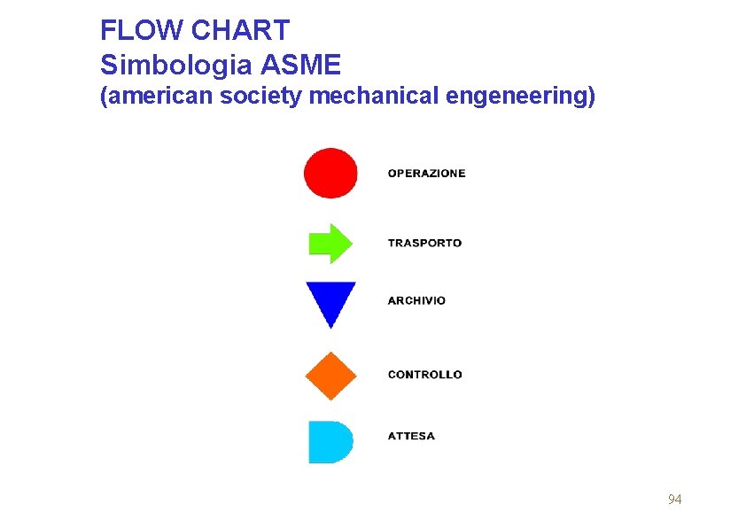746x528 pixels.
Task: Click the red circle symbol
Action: (330, 173)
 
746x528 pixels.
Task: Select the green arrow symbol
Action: (329, 243)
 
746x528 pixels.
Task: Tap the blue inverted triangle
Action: (330, 299)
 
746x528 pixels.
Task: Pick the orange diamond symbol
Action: (330, 376)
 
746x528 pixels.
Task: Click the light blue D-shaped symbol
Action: (329, 442)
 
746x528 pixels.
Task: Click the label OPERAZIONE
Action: (426, 174)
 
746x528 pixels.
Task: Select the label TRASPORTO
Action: (424, 243)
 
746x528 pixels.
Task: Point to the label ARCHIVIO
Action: (416, 300)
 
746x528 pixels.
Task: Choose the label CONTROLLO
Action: (424, 375)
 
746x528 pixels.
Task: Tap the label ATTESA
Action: (411, 436)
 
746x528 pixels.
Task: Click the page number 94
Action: (674, 500)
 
